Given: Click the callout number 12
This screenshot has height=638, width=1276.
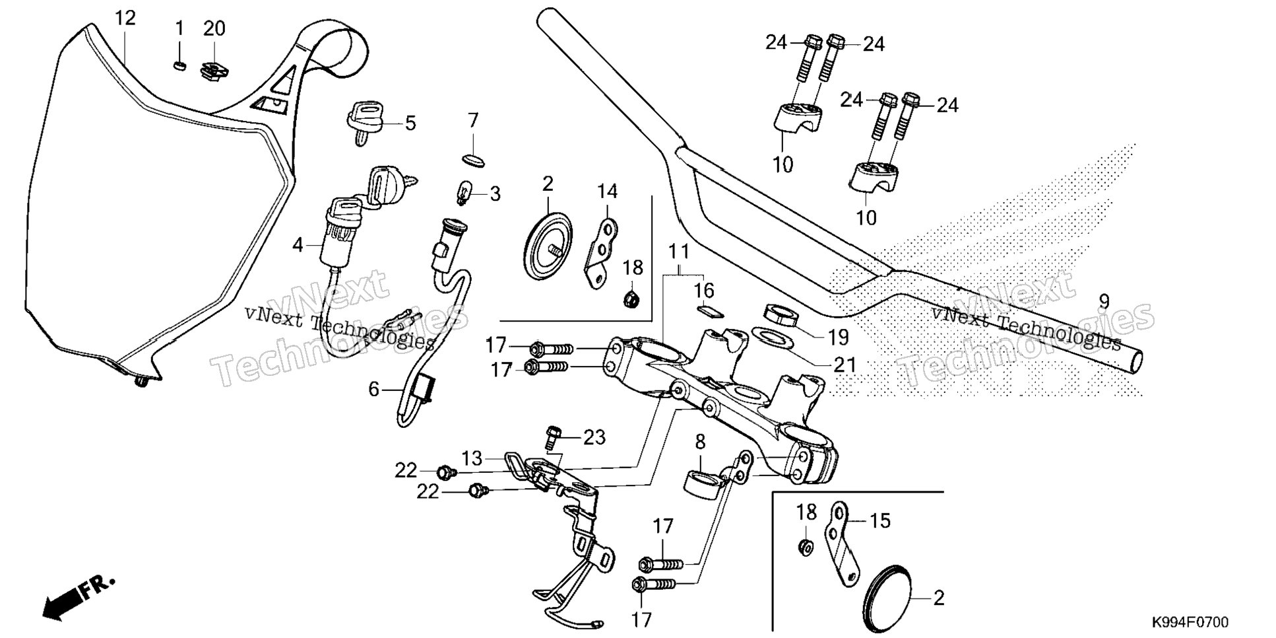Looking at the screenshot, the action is coord(125,18).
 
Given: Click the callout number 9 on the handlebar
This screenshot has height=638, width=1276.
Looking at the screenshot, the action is coord(1104,302).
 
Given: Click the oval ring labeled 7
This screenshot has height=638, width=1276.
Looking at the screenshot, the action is coord(473,159).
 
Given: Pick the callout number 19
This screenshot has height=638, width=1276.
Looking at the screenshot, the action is coord(838,337).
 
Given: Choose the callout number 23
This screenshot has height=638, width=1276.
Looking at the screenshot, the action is coord(594,437).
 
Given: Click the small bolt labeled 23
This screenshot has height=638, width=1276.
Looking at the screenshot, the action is coord(553,435).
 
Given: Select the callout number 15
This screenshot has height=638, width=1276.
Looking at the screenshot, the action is coord(880,520).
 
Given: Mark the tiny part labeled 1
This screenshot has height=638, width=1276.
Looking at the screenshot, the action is coord(179,64).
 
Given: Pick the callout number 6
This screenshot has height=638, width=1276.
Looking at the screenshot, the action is coord(374,390).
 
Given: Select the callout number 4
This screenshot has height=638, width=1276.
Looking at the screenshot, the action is coord(298,246).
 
